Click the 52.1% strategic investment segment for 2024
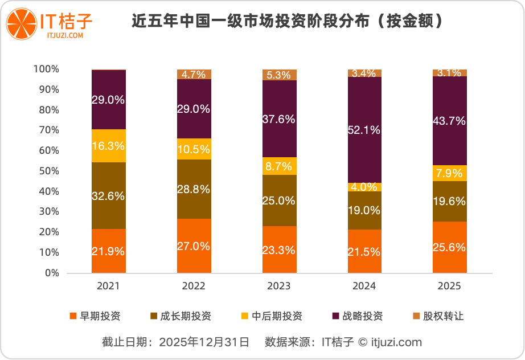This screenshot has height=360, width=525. (x=364, y=130)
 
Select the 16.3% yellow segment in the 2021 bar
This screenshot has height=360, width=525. (x=109, y=146)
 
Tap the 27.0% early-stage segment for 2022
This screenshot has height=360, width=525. (x=194, y=246)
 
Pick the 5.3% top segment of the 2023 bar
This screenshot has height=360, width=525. (x=280, y=75)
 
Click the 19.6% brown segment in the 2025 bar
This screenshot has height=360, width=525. (x=450, y=201)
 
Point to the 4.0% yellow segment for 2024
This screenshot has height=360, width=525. (x=364, y=187)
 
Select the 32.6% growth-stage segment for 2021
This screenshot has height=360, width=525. (x=109, y=195)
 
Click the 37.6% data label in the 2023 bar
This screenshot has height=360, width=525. (x=280, y=119)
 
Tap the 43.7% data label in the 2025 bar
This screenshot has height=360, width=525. (x=450, y=121)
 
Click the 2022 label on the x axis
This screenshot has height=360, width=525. (x=194, y=286)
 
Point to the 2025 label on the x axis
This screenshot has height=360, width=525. (x=450, y=286)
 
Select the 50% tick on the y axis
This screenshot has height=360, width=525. (x=47, y=171)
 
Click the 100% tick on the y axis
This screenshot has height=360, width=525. (x=46, y=69)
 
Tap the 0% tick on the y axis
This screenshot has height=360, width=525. (x=51, y=273)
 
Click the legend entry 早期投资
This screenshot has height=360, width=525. (x=95, y=316)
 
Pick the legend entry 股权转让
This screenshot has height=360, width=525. (x=438, y=316)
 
